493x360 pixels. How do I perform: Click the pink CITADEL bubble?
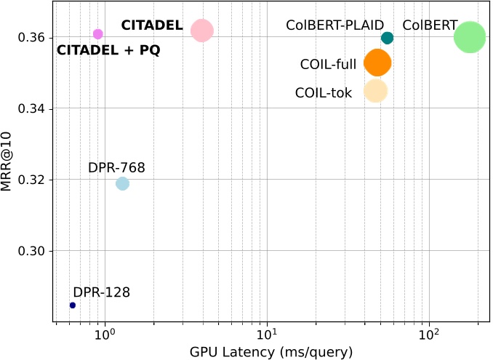point(202,31)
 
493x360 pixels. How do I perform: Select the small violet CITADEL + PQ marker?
point(98,34)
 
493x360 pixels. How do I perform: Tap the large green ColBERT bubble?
point(469,37)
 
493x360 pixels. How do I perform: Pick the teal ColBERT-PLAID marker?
point(387,38)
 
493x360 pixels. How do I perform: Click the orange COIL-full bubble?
point(377,63)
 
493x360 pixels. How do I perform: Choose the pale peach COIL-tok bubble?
point(375,91)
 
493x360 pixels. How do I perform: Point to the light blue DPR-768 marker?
point(122,183)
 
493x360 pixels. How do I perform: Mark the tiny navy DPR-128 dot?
point(73,305)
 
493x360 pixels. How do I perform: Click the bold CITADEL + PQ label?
point(108,51)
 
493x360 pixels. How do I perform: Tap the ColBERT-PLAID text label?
point(334,25)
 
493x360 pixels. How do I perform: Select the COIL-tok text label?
point(324,93)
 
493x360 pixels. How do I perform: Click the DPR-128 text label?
point(102,293)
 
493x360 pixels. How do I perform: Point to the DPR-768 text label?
point(116,168)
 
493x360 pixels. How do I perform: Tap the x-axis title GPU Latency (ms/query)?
point(271,352)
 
